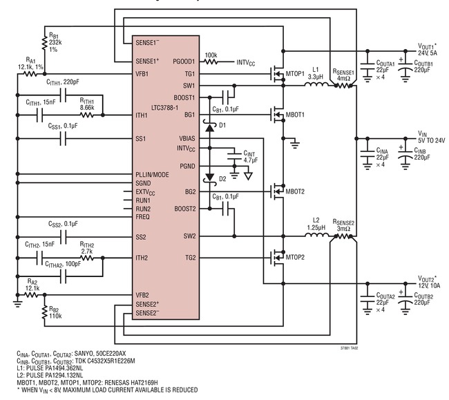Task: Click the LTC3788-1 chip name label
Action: tap(164, 108)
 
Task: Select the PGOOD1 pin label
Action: tap(184, 61)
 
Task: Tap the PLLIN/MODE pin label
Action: tap(152, 175)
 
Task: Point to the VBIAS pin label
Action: tap(187, 139)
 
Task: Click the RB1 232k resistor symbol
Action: tap(44, 42)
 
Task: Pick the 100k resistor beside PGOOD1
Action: tap(211, 61)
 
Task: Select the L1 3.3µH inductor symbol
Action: tap(316, 84)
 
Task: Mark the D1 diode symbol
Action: tap(210, 126)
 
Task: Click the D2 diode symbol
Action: tap(210, 178)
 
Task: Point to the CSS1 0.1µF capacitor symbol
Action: tap(64, 139)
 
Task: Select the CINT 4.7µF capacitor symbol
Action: tap(235, 156)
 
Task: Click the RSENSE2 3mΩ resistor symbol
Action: tap(343, 236)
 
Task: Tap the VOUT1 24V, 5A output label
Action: tap(428, 50)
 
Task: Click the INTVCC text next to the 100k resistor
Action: tap(246, 63)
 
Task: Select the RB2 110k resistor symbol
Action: tap(44, 312)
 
